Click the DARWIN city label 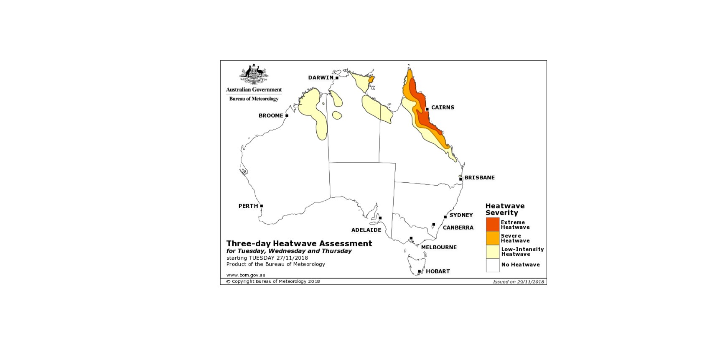click(321, 77)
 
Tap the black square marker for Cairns click(427, 109)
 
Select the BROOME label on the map click(271, 115)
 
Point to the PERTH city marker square click(262, 206)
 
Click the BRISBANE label click(479, 177)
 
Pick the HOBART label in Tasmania click(438, 271)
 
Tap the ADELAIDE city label click(366, 230)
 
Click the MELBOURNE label click(439, 247)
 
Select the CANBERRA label click(458, 227)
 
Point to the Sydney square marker click(445, 217)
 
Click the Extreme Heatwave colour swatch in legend click(493, 225)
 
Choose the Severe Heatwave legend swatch click(493, 238)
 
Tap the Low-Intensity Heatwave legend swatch click(493, 251)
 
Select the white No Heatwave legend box click(493, 265)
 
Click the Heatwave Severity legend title click(505, 209)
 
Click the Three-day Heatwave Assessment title click(299, 243)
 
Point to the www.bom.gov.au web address click(246, 275)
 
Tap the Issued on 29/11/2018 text click(518, 282)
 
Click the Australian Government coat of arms click(254, 74)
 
